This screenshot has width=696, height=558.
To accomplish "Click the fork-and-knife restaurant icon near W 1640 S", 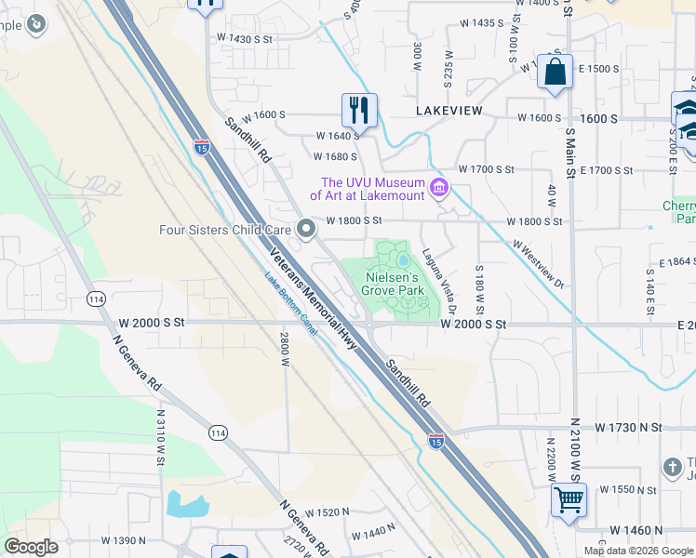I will [x=358, y=111].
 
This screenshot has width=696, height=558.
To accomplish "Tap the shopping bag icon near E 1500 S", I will [x=555, y=74].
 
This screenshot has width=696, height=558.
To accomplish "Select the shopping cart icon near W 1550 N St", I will [x=569, y=499].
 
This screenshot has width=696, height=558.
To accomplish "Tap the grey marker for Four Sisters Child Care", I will [x=307, y=229].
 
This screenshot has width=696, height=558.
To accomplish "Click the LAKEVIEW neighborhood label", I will [x=449, y=111].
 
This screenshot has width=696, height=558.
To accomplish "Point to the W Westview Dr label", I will [x=538, y=263].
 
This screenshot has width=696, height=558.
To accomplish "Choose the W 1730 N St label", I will [x=630, y=428].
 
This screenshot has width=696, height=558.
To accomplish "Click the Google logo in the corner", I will [x=32, y=547].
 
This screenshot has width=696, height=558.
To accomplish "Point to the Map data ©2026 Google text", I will [x=637, y=551].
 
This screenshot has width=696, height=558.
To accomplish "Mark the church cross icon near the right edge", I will [x=673, y=467].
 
